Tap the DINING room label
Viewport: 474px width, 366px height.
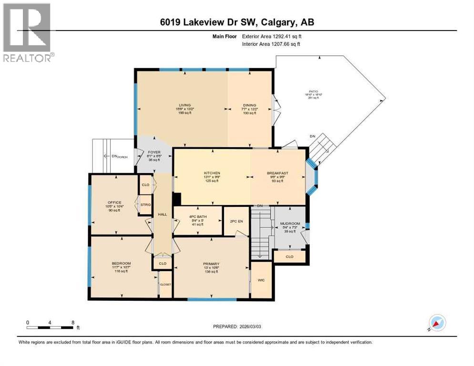click(x=250, y=105)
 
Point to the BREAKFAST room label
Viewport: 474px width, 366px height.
click(x=277, y=173)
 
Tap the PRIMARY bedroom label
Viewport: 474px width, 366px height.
click(x=211, y=264)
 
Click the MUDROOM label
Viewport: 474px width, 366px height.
click(x=289, y=223)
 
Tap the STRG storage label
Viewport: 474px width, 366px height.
click(x=145, y=204)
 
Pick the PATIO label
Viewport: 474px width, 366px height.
click(x=313, y=91)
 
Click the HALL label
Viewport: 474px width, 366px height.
click(x=162, y=214)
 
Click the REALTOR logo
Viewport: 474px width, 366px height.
click(x=28, y=33)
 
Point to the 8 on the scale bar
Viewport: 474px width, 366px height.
click(x=72, y=322)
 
